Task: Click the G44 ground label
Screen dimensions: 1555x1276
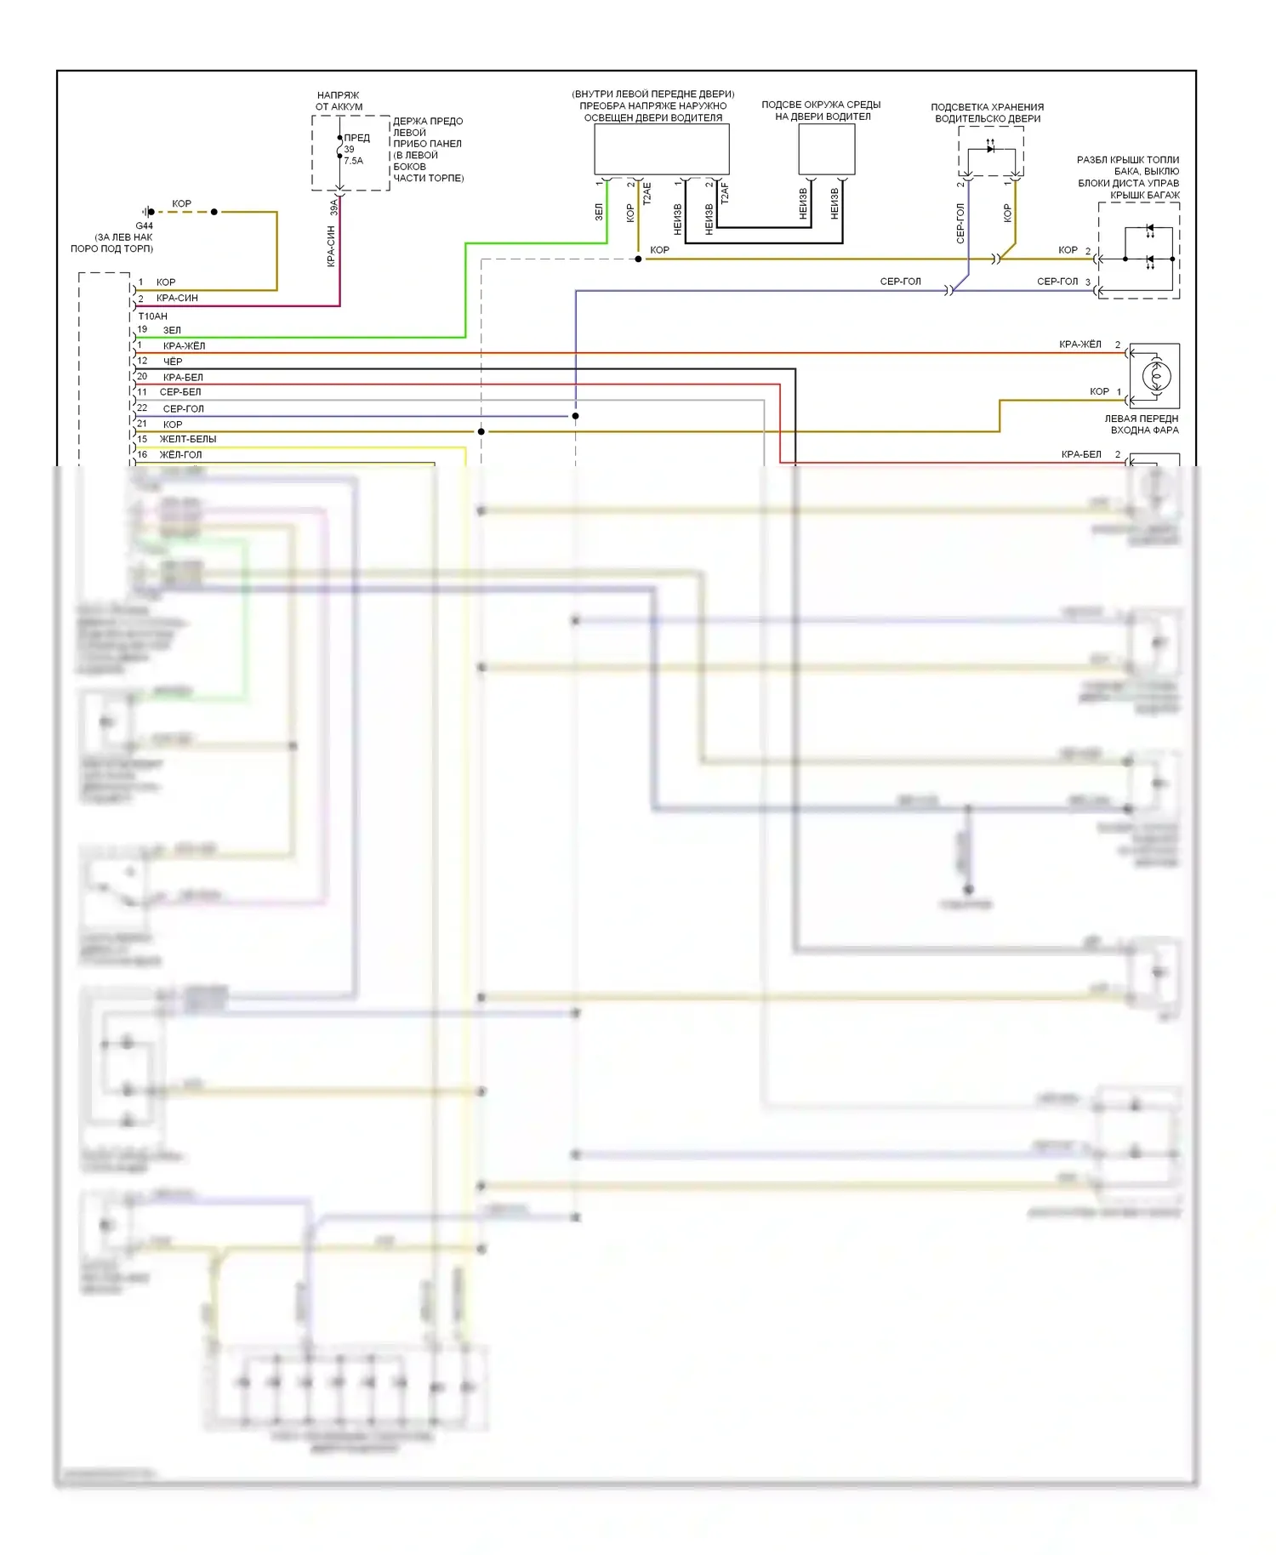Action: pyautogui.click(x=144, y=226)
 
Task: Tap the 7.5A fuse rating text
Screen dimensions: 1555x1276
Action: pyautogui.click(x=353, y=161)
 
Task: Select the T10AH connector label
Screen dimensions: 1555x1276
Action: pyautogui.click(x=153, y=316)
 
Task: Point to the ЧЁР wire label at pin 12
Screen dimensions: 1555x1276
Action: pyautogui.click(x=173, y=362)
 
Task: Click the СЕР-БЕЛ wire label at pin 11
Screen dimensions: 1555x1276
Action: pyautogui.click(x=180, y=392)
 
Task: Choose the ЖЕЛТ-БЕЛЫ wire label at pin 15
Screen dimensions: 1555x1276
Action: pyautogui.click(x=188, y=439)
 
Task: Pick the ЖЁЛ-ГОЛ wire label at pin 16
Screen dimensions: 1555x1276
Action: pyautogui.click(x=181, y=455)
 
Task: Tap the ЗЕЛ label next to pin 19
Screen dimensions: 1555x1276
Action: pyautogui.click(x=172, y=330)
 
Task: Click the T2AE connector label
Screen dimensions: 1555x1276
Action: pyautogui.click(x=647, y=194)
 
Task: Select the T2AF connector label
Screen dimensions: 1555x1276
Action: pyautogui.click(x=725, y=194)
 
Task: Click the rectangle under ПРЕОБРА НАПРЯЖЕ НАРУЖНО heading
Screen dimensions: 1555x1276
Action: pyautogui.click(x=661, y=150)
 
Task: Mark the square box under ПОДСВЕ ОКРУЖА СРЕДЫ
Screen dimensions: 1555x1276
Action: pyautogui.click(x=826, y=150)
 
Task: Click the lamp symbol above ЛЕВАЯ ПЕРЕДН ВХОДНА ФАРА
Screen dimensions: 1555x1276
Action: pyautogui.click(x=1155, y=376)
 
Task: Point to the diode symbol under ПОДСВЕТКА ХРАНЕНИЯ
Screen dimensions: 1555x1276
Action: pyautogui.click(x=990, y=149)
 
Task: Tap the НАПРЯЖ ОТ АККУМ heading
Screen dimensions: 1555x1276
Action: pyautogui.click(x=339, y=101)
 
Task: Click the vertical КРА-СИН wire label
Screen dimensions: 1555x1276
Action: pyautogui.click(x=331, y=248)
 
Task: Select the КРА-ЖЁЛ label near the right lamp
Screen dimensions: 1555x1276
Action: pyautogui.click(x=1079, y=345)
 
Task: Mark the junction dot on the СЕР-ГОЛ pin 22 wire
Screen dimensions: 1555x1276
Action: pyautogui.click(x=576, y=416)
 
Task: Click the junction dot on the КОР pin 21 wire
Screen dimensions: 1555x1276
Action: pyautogui.click(x=481, y=432)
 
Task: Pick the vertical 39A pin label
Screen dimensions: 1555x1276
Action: pyautogui.click(x=334, y=207)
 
